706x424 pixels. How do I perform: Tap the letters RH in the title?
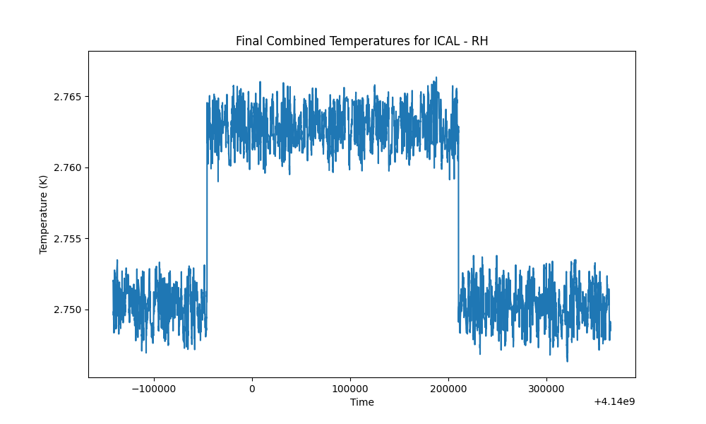click(479, 41)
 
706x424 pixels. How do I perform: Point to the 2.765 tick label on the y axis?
click(68, 97)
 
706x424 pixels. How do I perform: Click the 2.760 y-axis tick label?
click(68, 167)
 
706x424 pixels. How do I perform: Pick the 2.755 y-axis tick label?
click(68, 239)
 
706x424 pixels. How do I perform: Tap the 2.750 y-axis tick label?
click(68, 310)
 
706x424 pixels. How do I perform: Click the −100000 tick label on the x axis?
click(153, 389)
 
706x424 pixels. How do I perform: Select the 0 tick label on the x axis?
click(252, 389)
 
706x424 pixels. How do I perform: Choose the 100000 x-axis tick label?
click(350, 389)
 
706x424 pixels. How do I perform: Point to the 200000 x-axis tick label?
click(448, 389)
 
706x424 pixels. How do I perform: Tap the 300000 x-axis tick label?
click(546, 389)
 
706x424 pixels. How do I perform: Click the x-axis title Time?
click(362, 402)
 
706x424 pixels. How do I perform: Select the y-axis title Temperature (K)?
click(43, 215)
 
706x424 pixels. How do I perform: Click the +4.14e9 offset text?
click(614, 401)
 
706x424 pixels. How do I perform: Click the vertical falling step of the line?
click(458, 216)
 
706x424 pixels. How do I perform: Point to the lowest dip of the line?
click(568, 360)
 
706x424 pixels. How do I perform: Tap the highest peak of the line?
click(436, 78)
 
